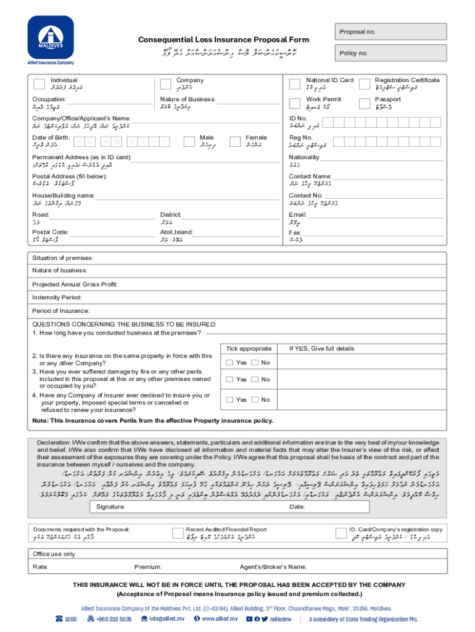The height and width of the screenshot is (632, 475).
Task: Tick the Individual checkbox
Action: click(39, 84)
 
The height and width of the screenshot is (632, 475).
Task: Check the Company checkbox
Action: click(165, 84)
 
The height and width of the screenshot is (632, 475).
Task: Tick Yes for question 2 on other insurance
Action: click(229, 363)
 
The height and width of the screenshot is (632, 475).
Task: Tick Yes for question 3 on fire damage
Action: click(229, 380)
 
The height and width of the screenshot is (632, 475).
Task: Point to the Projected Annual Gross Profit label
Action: click(75, 284)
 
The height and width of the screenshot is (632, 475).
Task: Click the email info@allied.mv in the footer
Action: click(162, 619)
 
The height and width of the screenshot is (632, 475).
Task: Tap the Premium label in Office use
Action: click(147, 567)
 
